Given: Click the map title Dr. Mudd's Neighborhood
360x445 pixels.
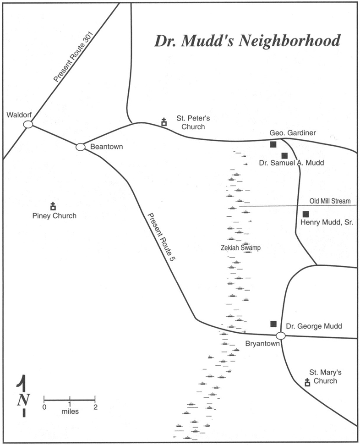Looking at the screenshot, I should pos(247,41).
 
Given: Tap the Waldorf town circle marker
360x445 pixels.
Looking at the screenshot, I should pos(28,124).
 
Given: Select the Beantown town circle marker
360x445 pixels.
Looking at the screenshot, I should pos(80,147).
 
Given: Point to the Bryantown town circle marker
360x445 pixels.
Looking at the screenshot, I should pos(281,335).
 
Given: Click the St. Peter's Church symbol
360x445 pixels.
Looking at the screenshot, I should pos(164,121).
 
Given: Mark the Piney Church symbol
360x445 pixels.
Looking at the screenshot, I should pos(53,206).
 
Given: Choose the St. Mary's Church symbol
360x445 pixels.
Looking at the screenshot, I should pos(307,382).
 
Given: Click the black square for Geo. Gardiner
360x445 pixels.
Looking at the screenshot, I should pos(273,144).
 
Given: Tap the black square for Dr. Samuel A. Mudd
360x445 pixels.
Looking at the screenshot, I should pos(284,155).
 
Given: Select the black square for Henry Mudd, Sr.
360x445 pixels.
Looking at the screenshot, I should pos(305,214).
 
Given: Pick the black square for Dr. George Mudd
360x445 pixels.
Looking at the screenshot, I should pos(273,324).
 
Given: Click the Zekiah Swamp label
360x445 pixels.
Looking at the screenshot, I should pos(240,248).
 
